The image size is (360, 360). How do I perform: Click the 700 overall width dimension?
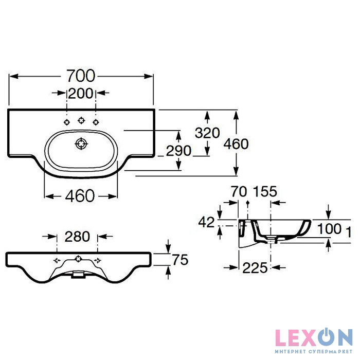81,76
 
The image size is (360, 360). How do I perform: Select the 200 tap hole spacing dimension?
81,93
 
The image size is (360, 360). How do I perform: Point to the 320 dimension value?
207,133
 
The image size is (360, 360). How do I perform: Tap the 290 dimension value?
178,151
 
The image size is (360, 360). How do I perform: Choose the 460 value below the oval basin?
80,196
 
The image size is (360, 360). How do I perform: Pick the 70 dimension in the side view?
237,192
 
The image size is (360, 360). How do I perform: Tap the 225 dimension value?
256,267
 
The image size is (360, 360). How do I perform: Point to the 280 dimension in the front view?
77,237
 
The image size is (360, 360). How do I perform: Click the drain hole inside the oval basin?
81,143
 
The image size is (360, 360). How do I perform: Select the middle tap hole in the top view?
81,120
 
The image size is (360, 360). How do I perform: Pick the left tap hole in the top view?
66,122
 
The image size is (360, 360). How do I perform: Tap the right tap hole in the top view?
95,122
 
